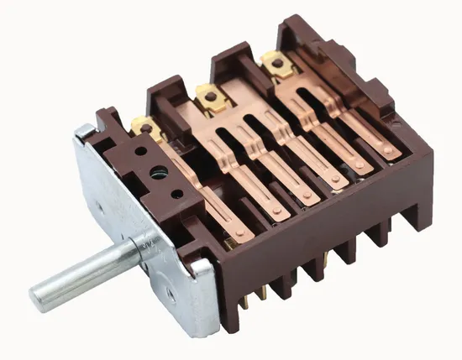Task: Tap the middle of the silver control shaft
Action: [84, 273]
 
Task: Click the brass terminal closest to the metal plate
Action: [145, 128]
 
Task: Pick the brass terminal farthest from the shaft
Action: [271, 60]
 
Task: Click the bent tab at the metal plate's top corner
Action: [87, 131]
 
